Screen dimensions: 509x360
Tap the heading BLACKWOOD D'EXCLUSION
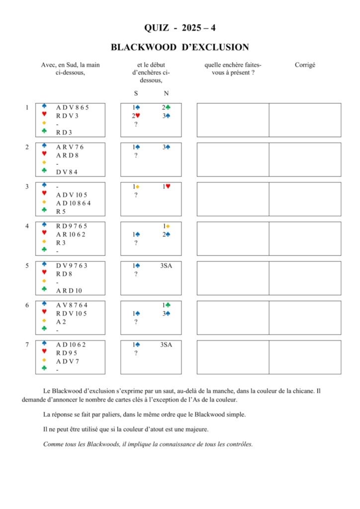(180, 48)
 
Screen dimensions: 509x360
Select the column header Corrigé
(305, 65)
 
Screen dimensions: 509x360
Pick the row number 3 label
(27, 186)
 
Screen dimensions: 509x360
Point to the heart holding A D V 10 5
(72, 195)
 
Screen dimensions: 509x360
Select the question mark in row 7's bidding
(136, 353)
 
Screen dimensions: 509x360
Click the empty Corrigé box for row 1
(305, 120)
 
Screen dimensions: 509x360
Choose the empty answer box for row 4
(233, 239)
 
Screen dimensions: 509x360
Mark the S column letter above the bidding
(136, 93)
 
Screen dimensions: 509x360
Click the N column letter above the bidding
(166, 93)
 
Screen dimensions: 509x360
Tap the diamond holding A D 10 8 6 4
(73, 203)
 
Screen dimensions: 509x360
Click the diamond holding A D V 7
(68, 361)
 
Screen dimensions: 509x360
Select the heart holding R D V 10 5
(72, 313)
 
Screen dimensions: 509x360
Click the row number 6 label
(27, 305)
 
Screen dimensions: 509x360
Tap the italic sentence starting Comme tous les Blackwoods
(148, 444)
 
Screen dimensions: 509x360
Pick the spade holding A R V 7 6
(70, 147)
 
